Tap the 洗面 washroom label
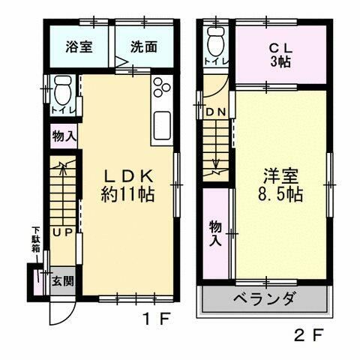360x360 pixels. pyautogui.click(x=143, y=46)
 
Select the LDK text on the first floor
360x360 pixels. pyautogui.click(x=128, y=176)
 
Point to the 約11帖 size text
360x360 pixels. pyautogui.click(x=128, y=194)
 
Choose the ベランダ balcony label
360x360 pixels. pyautogui.click(x=263, y=299)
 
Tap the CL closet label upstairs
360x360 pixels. pyautogui.click(x=282, y=46)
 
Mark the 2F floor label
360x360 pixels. pyautogui.click(x=308, y=335)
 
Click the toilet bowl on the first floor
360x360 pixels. pyautogui.click(x=61, y=94)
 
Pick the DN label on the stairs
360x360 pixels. pyautogui.click(x=215, y=113)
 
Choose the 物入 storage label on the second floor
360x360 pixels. pyautogui.click(x=214, y=232)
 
